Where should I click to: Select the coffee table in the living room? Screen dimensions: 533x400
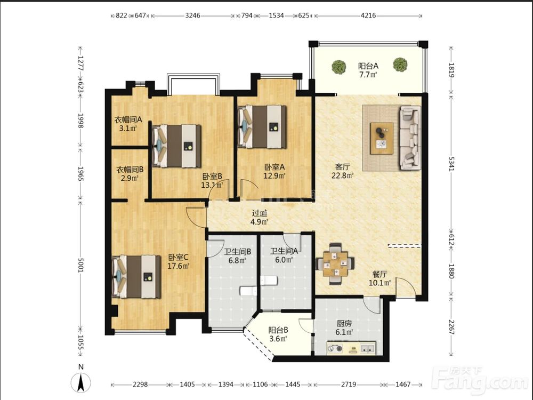point(382,138)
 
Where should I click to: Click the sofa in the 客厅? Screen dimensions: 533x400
point(410,138)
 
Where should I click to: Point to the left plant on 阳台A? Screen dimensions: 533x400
point(339,67)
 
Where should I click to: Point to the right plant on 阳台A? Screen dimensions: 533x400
point(400,65)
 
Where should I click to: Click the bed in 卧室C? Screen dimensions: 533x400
point(136,276)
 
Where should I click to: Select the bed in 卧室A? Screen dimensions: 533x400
point(262,127)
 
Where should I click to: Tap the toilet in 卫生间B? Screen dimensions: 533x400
point(248,291)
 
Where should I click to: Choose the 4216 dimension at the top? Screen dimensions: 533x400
point(368,15)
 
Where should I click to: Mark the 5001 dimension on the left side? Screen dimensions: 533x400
point(80,265)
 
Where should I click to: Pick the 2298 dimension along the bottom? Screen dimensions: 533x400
point(140,385)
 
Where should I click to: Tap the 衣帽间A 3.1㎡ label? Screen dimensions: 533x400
point(128,124)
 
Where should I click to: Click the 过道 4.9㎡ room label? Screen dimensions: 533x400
point(260,218)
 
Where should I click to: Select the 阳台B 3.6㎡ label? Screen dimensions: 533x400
point(278,334)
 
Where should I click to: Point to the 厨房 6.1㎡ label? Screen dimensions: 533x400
point(344,328)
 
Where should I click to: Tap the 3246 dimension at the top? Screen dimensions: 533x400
point(192,15)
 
